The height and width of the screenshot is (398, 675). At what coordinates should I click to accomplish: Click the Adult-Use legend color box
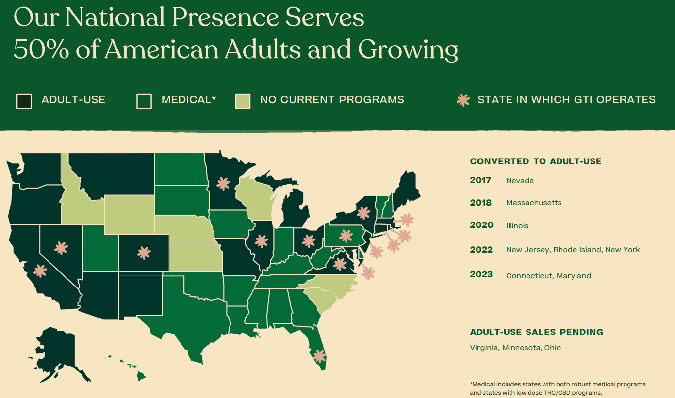pyautogui.click(x=24, y=101)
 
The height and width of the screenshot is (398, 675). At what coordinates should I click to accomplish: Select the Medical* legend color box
pyautogui.click(x=144, y=101)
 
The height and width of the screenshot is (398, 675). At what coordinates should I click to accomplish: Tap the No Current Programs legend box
pyautogui.click(x=243, y=101)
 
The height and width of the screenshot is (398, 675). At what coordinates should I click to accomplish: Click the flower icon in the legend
pyautogui.click(x=463, y=100)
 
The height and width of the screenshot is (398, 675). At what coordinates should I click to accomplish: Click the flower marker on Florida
pyautogui.click(x=319, y=356)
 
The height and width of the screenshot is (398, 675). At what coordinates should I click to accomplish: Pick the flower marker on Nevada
pyautogui.click(x=61, y=248)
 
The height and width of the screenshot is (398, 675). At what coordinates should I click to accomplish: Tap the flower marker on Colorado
pyautogui.click(x=144, y=253)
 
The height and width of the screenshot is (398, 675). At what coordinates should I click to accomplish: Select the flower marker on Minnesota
pyautogui.click(x=223, y=184)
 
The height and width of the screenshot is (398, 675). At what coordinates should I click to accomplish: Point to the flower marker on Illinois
pyautogui.click(x=262, y=241)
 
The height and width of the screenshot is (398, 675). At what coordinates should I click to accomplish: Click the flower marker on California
pyautogui.click(x=40, y=271)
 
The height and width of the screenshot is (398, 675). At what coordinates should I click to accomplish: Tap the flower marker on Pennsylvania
pyautogui.click(x=346, y=236)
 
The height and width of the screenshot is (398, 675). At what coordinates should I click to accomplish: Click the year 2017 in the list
pyautogui.click(x=480, y=180)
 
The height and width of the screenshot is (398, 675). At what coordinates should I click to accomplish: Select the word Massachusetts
pyautogui.click(x=534, y=203)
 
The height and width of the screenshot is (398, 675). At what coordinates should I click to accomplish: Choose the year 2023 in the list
pyautogui.click(x=481, y=274)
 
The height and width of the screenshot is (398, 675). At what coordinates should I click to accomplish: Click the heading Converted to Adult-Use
pyautogui.click(x=536, y=161)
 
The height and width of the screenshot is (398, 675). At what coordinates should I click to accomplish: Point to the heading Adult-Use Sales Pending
pyautogui.click(x=537, y=332)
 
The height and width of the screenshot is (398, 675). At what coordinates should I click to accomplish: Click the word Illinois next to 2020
pyautogui.click(x=517, y=226)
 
